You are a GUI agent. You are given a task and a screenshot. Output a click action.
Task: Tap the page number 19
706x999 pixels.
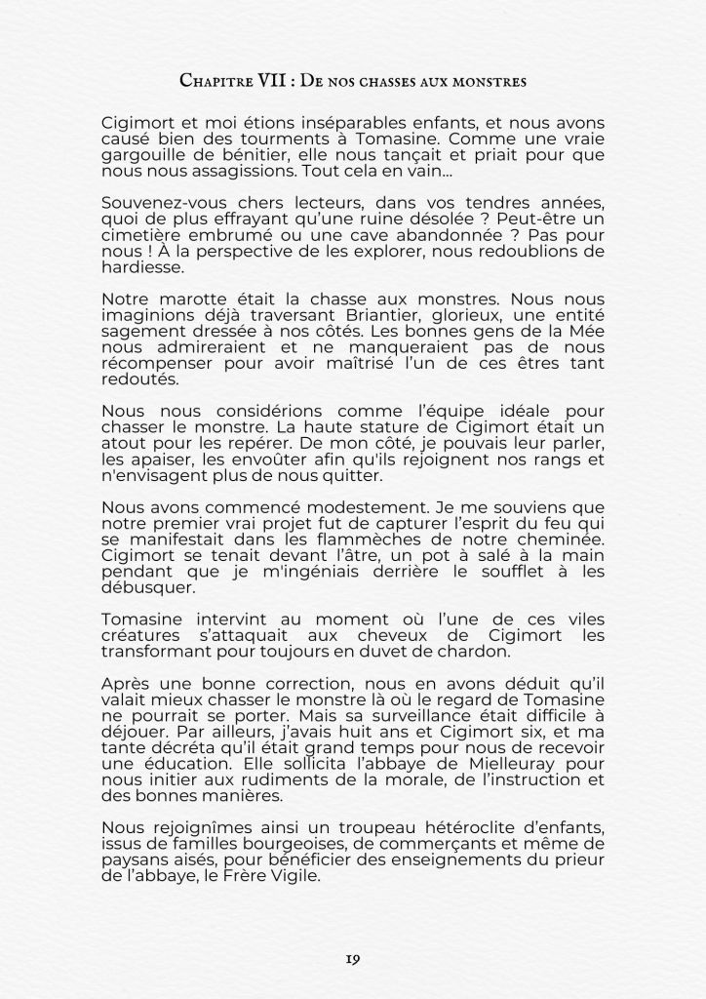tap(353, 959)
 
